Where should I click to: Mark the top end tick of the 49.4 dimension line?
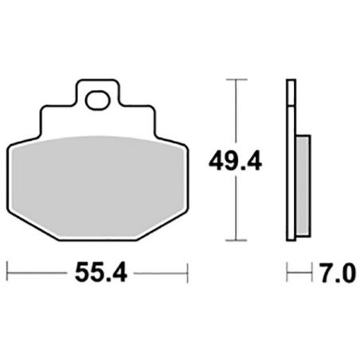tap(233, 80)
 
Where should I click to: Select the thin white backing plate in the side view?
tap(289, 159)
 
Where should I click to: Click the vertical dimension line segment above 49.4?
tap(233, 112)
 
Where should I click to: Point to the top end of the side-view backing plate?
tap(289, 82)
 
